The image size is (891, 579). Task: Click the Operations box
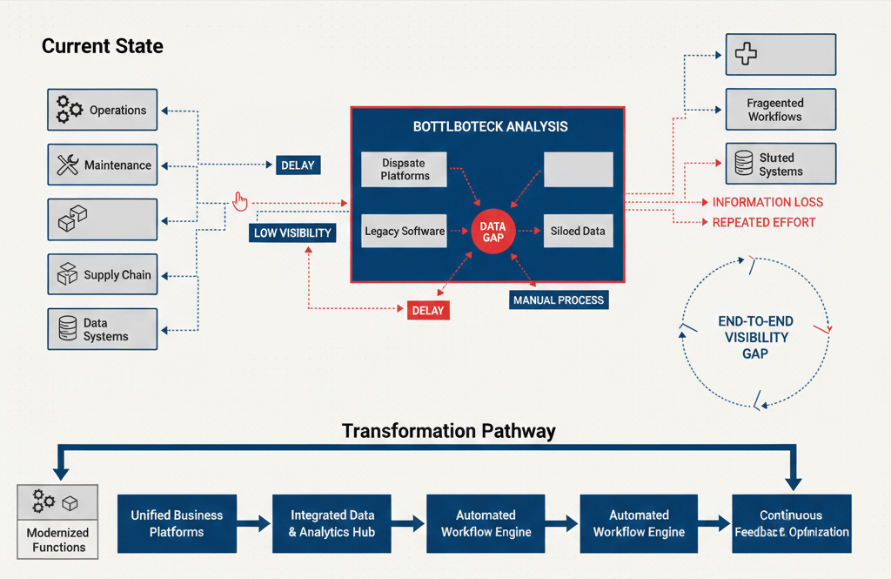pos(102,111)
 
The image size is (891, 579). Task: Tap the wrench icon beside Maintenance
pos(68,165)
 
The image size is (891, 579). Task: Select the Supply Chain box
pos(102,275)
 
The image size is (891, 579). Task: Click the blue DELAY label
pos(298,165)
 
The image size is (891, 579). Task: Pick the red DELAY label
pos(428,310)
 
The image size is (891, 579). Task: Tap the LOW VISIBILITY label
pos(292,232)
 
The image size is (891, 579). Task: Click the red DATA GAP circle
pos(492,232)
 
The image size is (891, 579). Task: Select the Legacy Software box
pos(405,232)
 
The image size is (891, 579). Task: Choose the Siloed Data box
pos(578,232)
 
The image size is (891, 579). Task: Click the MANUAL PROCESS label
pos(558,300)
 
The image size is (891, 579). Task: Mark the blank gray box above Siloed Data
pos(578,169)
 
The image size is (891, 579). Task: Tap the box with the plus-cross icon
pos(780,55)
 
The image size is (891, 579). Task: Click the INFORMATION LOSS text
pos(767,202)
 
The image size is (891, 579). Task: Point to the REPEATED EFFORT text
pos(763,222)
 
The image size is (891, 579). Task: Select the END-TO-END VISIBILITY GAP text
pos(754,337)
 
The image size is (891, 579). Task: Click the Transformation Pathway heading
pos(448,431)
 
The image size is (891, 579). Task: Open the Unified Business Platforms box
pos(177,523)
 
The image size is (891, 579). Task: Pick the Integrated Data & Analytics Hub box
pos(332,523)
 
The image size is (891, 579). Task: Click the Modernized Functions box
pos(58,521)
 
